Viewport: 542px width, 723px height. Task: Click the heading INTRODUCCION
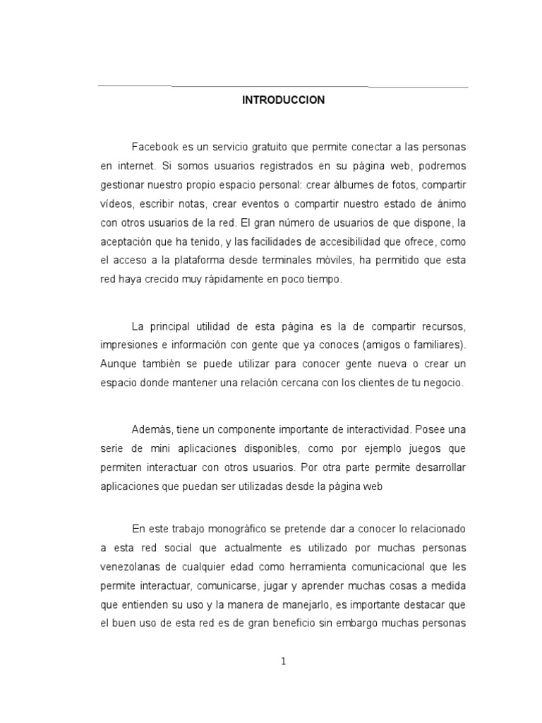click(283, 100)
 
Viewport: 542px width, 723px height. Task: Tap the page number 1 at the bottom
click(283, 662)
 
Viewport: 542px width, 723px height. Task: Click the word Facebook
click(154, 146)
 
